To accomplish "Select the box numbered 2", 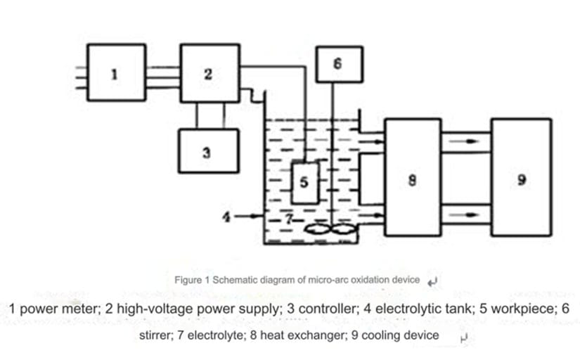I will [x=209, y=72].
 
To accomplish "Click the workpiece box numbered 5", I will [x=304, y=182].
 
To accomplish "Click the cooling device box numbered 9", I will [x=520, y=176].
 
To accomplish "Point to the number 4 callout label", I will [x=226, y=215].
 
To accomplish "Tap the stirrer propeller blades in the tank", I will [x=331, y=230].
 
